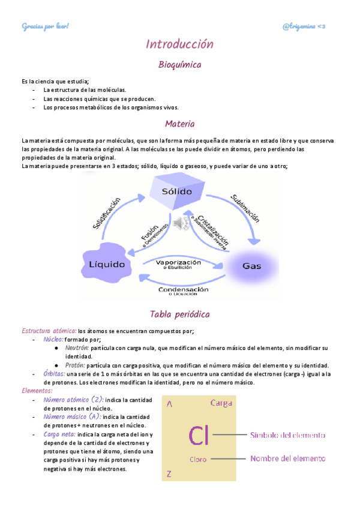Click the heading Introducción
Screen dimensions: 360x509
pyautogui.click(x=179, y=44)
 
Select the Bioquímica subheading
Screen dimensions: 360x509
pyautogui.click(x=179, y=64)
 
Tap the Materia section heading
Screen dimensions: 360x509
pyautogui.click(x=179, y=124)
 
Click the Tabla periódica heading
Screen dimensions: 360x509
pyautogui.click(x=179, y=315)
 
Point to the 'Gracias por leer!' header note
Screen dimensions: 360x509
pyautogui.click(x=46, y=26)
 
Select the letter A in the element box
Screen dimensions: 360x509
pyautogui.click(x=170, y=405)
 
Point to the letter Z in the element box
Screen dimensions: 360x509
pyautogui.click(x=169, y=474)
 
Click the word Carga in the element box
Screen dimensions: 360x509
pyautogui.click(x=221, y=403)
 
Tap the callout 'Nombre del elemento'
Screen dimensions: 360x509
pyautogui.click(x=287, y=459)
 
